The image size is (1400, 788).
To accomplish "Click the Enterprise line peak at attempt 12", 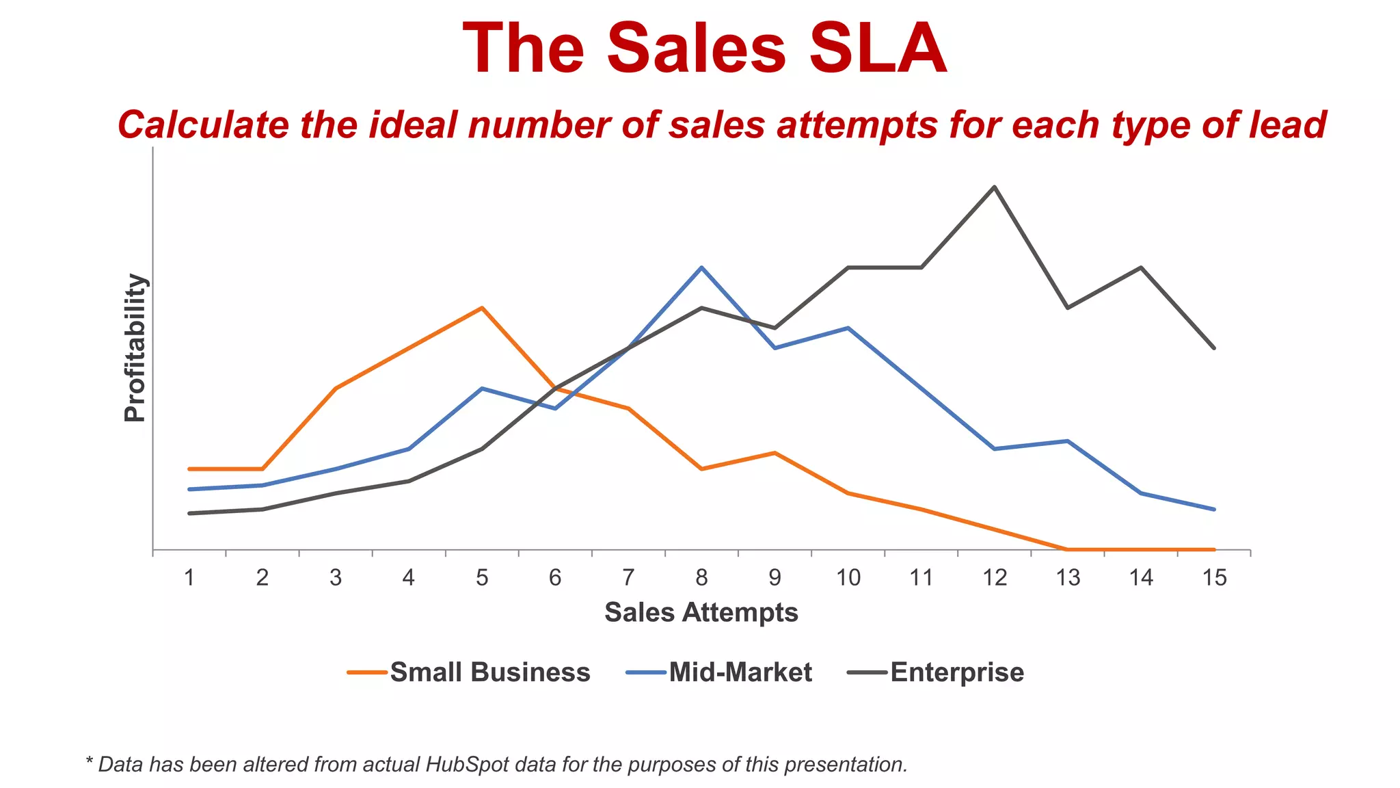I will [x=994, y=187].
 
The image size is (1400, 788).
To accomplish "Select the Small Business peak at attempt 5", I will [x=482, y=308].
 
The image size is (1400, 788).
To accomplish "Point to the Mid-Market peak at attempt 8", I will [x=701, y=267].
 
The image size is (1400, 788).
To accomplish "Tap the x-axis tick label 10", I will [x=848, y=578].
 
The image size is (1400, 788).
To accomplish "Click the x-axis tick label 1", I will [x=189, y=578].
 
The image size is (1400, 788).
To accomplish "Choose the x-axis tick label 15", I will [x=1214, y=578].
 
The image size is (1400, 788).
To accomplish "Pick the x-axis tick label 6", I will [x=555, y=578].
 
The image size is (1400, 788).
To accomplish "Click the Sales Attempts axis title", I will [x=701, y=612].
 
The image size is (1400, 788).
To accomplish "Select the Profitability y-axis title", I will [x=135, y=347].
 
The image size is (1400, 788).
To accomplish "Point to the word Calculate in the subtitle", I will [x=203, y=125].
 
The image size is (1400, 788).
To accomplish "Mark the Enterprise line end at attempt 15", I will [x=1214, y=348].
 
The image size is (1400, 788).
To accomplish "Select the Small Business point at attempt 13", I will [x=1067, y=549].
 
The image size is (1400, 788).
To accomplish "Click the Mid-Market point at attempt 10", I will [x=848, y=328].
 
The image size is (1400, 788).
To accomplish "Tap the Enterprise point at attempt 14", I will [x=1140, y=267].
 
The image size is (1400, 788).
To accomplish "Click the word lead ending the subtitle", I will [x=1288, y=125].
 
